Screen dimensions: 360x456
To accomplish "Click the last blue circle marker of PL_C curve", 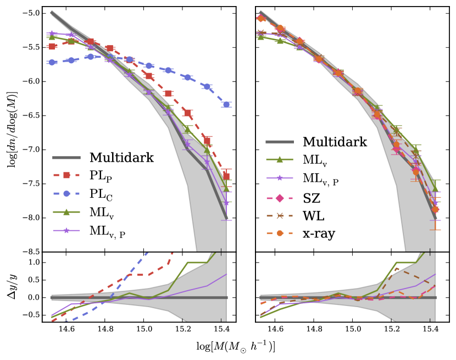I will click(227, 104).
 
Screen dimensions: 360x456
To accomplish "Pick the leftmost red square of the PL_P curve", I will click(52, 46).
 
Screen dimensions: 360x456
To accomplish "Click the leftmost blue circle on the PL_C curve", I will click(52, 62).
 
